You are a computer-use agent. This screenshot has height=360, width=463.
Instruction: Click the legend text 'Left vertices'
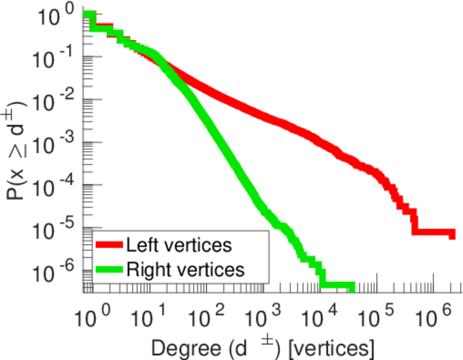[x=178, y=244]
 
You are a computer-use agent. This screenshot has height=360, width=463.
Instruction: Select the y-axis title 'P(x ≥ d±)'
[x=18, y=150]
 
